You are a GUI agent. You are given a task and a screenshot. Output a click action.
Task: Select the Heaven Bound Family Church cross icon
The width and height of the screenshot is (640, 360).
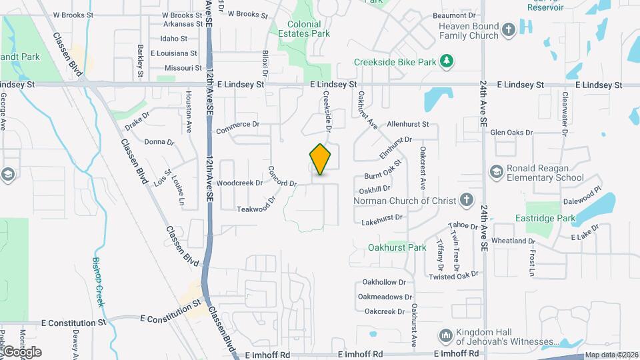(x=509, y=30)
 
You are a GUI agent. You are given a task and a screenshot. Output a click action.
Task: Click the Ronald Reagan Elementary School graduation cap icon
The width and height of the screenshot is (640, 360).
(x=496, y=173)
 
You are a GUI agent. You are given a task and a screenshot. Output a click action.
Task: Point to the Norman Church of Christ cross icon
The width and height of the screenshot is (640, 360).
(x=467, y=200)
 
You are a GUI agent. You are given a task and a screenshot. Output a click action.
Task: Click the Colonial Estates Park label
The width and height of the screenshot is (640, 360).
(x=303, y=29)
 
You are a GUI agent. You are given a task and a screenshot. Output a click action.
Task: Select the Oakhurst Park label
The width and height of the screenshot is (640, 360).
(x=397, y=247)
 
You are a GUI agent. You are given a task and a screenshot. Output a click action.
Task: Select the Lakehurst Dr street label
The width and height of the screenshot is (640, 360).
(x=382, y=218)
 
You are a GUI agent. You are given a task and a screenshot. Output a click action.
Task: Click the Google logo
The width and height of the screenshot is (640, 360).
(x=21, y=352)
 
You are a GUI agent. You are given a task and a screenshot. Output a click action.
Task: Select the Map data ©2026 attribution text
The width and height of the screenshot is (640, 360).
(x=610, y=355)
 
